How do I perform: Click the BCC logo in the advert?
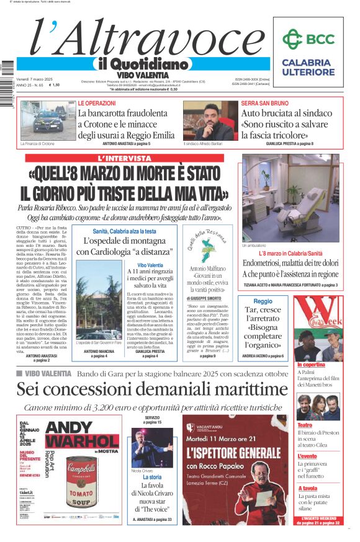pyautogui.click(x=308, y=39)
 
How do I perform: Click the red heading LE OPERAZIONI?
pyautogui.click(x=96, y=103)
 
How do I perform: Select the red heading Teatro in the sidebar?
pyautogui.click(x=305, y=425)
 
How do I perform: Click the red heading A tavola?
pyautogui.click(x=307, y=488)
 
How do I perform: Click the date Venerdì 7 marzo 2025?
pyautogui.click(x=34, y=79)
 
